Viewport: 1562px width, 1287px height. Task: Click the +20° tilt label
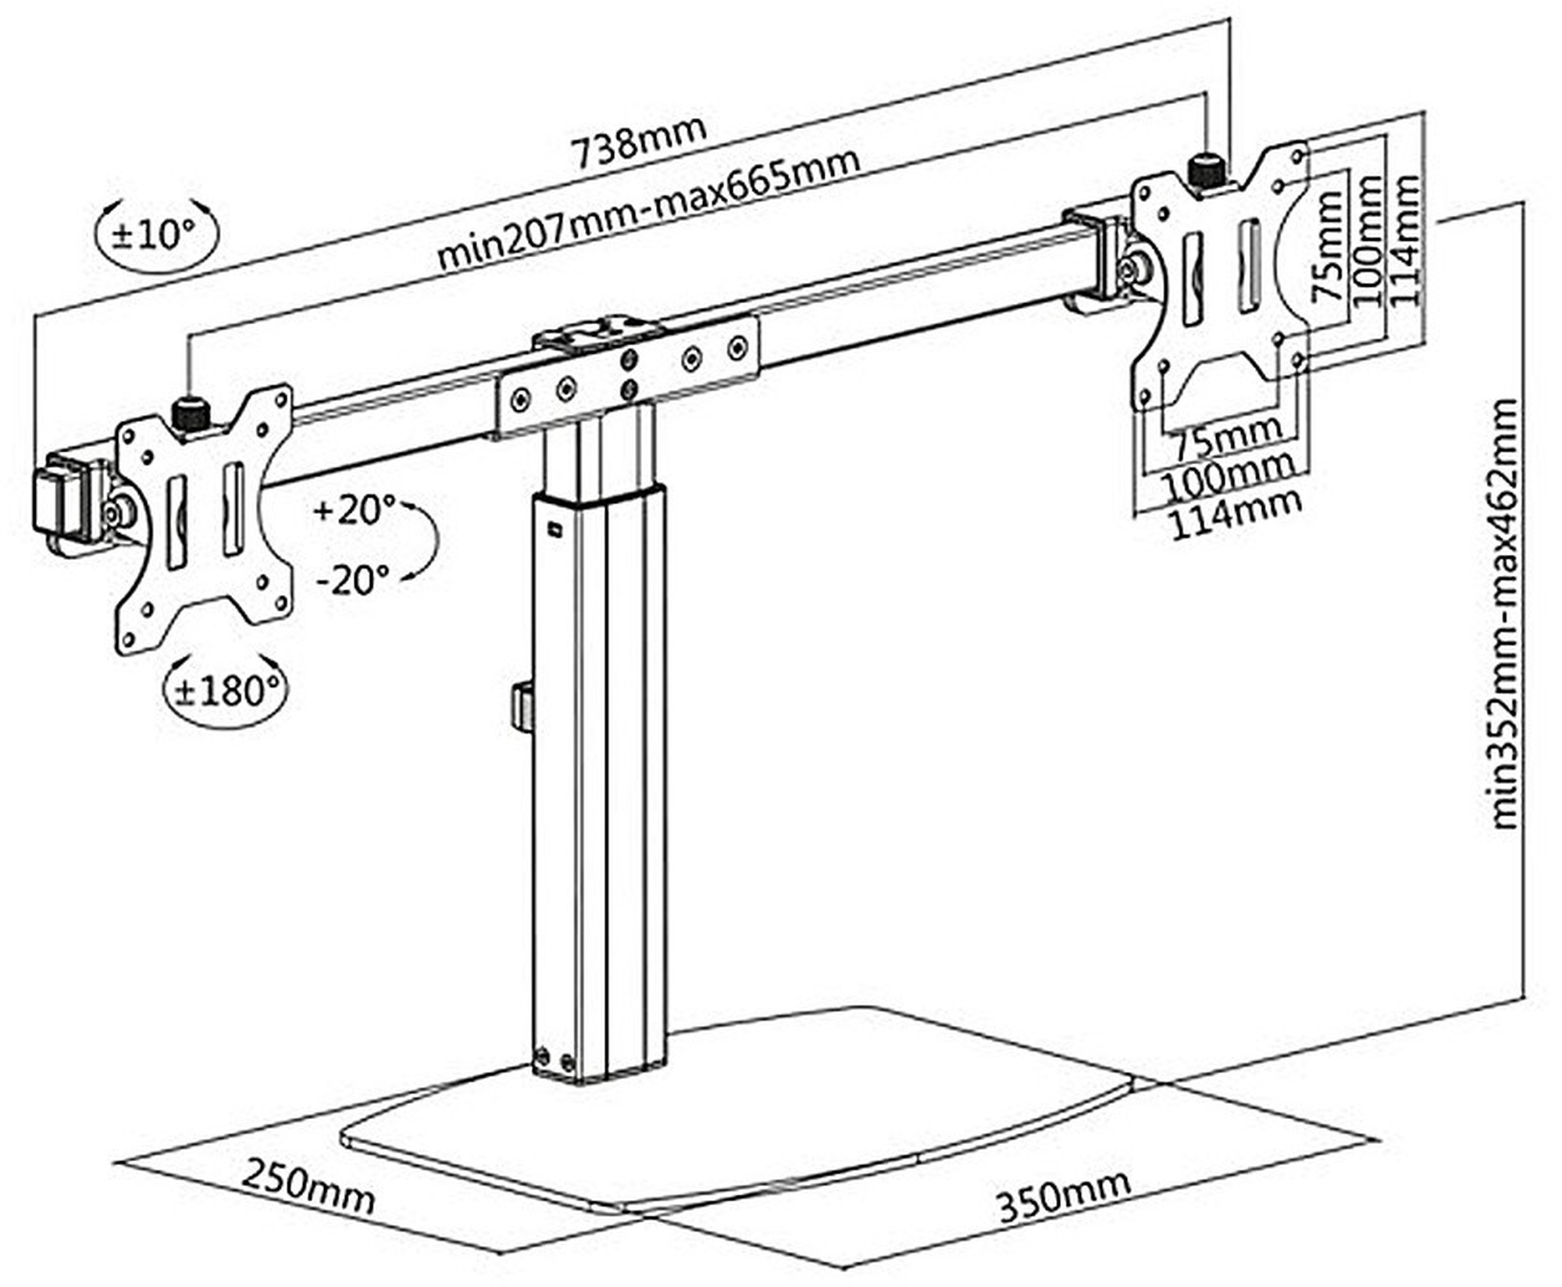[355, 510]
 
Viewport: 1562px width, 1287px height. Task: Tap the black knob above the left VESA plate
[188, 412]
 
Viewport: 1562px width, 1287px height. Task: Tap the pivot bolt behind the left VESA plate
[119, 513]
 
